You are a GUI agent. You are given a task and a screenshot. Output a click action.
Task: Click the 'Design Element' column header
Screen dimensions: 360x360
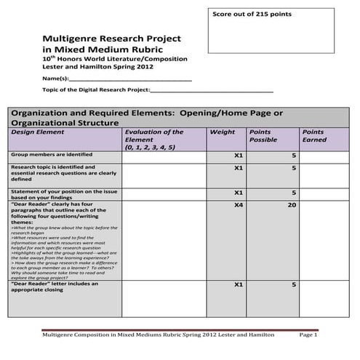36,132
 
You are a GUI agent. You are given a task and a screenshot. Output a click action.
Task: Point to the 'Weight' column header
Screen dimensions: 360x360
222,132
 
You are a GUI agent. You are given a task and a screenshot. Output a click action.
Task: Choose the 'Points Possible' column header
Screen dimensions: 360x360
263,136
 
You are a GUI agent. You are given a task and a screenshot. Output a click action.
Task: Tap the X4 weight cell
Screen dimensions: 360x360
238,206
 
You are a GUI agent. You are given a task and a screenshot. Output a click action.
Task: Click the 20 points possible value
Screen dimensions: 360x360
292,206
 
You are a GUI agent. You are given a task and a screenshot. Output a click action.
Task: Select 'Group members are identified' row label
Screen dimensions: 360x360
52,155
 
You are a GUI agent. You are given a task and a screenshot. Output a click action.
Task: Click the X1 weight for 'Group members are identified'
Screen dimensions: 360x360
238,156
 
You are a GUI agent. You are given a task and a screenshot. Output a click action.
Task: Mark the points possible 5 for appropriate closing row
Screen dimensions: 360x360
294,285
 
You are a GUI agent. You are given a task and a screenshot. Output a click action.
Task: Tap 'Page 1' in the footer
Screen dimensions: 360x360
309,335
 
